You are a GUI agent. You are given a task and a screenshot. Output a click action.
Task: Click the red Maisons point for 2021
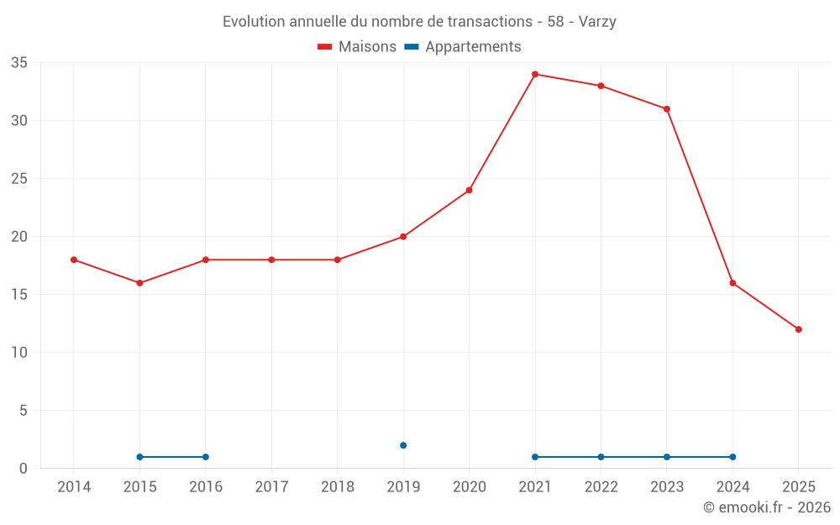click(535, 75)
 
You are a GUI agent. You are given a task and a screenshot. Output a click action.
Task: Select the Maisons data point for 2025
click(799, 329)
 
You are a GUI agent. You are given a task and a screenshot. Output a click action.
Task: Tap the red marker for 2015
click(139, 283)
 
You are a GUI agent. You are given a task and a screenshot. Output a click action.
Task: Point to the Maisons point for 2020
click(470, 190)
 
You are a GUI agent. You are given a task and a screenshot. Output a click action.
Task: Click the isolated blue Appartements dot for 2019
click(403, 445)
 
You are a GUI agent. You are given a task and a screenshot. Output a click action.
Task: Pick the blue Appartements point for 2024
click(732, 457)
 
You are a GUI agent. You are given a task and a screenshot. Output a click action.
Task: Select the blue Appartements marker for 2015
click(139, 457)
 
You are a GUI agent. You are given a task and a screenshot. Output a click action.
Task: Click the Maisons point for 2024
click(732, 283)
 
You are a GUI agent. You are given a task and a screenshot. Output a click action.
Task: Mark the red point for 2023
click(667, 109)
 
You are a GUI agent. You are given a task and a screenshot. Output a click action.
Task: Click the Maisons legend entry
click(357, 47)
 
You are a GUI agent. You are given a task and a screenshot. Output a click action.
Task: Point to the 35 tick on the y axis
click(19, 63)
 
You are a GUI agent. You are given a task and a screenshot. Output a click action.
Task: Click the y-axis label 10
click(19, 353)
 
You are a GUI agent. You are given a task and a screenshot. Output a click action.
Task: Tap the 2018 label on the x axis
click(338, 487)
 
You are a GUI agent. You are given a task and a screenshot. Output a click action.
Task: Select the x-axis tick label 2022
click(601, 487)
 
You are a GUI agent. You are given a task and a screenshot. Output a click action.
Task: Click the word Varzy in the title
click(597, 22)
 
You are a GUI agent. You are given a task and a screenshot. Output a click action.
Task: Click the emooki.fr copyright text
click(766, 507)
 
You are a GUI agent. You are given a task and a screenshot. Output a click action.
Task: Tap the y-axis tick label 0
click(24, 469)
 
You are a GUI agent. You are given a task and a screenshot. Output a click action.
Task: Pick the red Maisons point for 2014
click(74, 260)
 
